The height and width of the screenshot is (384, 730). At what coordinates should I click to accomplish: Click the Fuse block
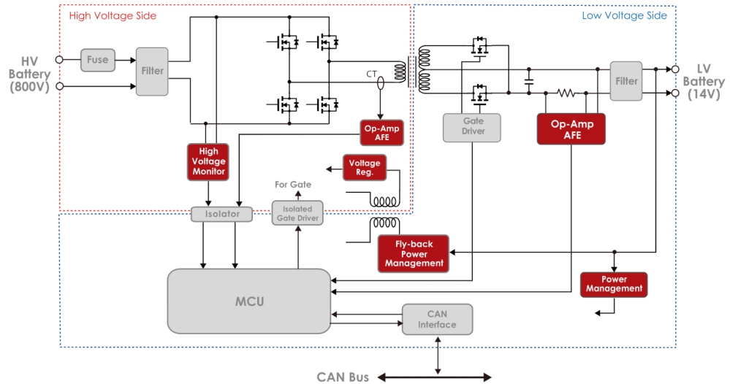[x=97, y=61]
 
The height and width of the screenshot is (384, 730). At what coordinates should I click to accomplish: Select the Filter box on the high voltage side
[x=152, y=72]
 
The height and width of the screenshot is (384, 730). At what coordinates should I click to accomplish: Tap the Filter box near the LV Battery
[x=626, y=81]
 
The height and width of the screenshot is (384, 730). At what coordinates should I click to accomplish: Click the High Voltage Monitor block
[x=208, y=161]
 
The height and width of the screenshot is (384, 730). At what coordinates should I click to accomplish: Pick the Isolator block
[x=221, y=214]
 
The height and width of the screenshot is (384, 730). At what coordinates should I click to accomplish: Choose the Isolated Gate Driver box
[x=297, y=213]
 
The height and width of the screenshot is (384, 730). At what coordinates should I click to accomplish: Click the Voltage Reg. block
[x=365, y=168]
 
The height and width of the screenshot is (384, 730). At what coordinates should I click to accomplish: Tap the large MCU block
[x=249, y=301]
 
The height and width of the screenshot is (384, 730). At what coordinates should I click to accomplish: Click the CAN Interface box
[x=437, y=320]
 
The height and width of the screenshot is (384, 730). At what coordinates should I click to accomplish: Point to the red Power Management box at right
[x=614, y=284]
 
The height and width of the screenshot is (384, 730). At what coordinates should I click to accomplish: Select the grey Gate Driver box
[x=473, y=126]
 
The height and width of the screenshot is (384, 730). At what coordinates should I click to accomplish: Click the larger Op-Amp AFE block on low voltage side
[x=571, y=129]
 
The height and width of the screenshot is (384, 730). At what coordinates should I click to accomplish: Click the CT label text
[x=373, y=74]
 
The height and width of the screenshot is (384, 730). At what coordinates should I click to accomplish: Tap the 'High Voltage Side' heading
[x=112, y=15]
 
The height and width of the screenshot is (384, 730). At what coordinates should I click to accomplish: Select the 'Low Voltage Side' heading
[x=624, y=15]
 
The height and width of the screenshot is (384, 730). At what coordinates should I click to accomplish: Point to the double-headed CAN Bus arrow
[x=434, y=377]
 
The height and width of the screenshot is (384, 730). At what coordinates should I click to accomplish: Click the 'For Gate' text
[x=292, y=185]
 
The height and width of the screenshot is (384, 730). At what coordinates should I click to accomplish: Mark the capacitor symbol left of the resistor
[x=529, y=81]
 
